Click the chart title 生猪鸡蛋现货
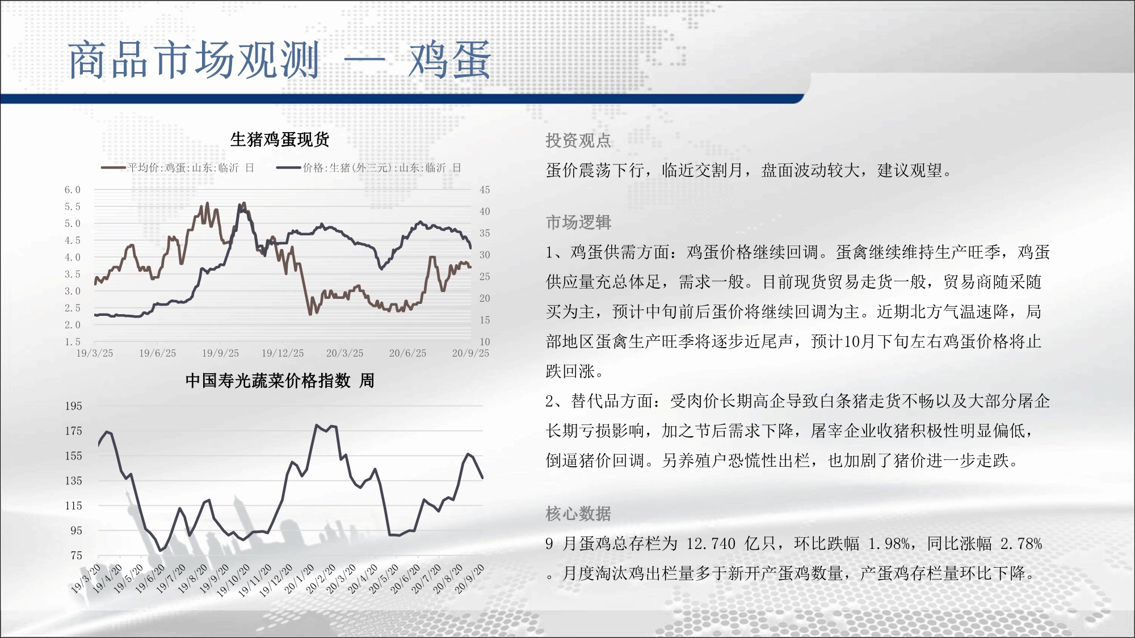pos(280,140)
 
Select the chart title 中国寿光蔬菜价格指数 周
pos(280,381)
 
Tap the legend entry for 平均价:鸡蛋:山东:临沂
pos(177,168)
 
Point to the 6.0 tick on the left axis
pos(73,190)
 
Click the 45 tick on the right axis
pos(485,190)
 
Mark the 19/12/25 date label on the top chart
pos(283,353)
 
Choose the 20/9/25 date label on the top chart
pos(470,353)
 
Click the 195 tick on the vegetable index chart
pos(74,406)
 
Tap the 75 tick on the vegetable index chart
pos(77,556)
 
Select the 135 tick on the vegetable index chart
pos(74,481)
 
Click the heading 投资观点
pos(578,141)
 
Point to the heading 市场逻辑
pos(578,222)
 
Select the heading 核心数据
pos(578,514)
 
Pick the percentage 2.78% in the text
pos(1021,544)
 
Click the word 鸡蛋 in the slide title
pos(449,60)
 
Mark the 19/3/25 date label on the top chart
pos(95,353)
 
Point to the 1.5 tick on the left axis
pos(73,342)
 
